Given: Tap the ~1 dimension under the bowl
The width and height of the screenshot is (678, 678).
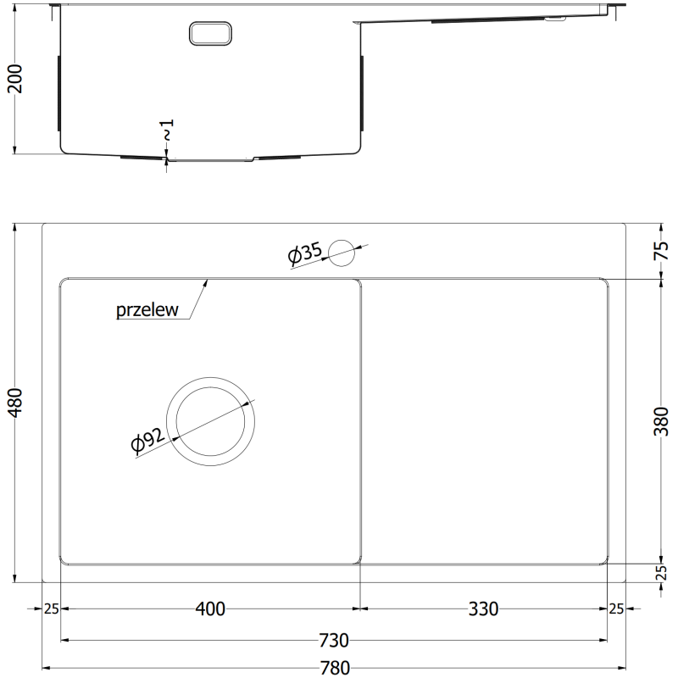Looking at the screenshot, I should pyautogui.click(x=167, y=132).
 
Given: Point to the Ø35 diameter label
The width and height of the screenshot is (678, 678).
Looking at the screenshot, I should pyautogui.click(x=303, y=253).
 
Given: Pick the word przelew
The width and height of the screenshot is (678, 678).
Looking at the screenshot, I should pyautogui.click(x=147, y=310).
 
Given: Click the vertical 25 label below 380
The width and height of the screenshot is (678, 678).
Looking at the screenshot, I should pyautogui.click(x=663, y=574).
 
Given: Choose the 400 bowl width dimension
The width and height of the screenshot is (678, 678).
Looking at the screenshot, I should pyautogui.click(x=210, y=609).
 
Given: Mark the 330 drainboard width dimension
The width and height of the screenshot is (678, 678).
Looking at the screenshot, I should pyautogui.click(x=483, y=609).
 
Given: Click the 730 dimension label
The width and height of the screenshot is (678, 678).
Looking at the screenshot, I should pyautogui.click(x=336, y=640).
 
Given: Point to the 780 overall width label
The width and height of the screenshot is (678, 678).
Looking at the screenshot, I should pyautogui.click(x=336, y=667).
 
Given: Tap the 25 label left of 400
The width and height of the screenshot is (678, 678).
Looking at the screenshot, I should pyautogui.click(x=50, y=609).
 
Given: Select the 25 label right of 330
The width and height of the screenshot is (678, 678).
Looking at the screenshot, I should pyautogui.click(x=616, y=609).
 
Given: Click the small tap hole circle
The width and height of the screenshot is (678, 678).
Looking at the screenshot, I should pyautogui.click(x=342, y=250).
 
